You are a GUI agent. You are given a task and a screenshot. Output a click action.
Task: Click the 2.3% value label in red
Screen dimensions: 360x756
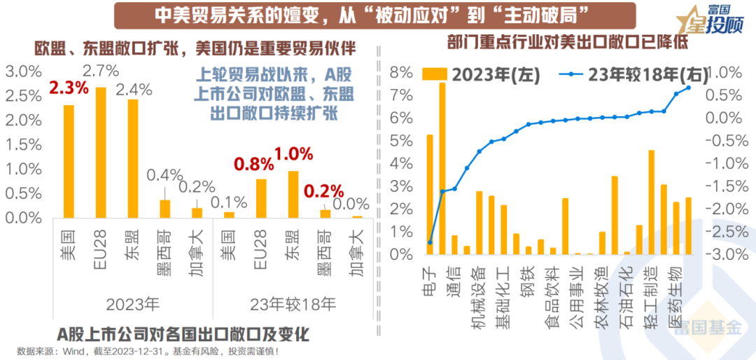tap(69, 88)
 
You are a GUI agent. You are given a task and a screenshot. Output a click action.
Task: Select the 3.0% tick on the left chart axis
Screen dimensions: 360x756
tap(24, 71)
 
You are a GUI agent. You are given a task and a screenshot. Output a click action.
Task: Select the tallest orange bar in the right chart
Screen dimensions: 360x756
tap(442, 168)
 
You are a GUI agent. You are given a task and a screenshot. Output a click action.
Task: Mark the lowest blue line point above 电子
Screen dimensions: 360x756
tap(430, 242)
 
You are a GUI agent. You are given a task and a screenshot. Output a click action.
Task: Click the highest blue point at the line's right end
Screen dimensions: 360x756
tap(689, 88)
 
